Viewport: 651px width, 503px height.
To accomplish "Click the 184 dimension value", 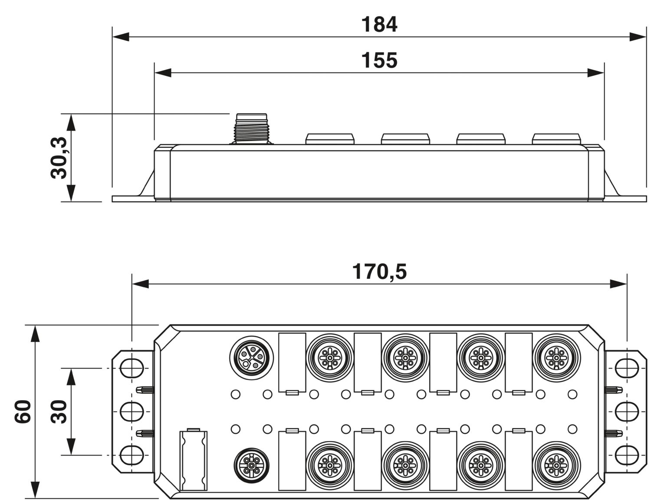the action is click(x=379, y=24).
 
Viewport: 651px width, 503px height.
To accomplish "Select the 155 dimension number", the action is click(x=379, y=60).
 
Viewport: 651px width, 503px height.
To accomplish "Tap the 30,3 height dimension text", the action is click(x=59, y=158).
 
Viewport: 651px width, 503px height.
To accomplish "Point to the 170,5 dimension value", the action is click(x=379, y=271).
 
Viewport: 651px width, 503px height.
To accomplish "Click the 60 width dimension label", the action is click(x=23, y=412).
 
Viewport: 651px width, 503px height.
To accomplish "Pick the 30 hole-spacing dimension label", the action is click(x=59, y=412).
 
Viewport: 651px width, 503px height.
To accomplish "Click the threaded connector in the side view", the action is click(x=251, y=129).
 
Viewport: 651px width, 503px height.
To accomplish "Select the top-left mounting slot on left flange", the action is click(x=132, y=368).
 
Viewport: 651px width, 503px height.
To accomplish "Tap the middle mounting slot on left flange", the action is click(x=132, y=412).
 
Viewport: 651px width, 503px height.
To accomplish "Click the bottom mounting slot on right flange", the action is click(x=627, y=455).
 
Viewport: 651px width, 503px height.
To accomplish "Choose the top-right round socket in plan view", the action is click(x=556, y=358).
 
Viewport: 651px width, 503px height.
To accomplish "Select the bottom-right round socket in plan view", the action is click(x=556, y=465).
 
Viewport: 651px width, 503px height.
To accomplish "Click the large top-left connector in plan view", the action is click(x=251, y=357).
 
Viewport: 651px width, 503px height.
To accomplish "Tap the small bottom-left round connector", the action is click(x=251, y=465).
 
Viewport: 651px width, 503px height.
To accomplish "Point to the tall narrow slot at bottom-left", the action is click(x=193, y=461).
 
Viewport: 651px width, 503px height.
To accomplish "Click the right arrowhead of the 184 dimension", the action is click(x=638, y=37).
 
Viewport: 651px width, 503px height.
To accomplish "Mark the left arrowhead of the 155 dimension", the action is click(x=163, y=73).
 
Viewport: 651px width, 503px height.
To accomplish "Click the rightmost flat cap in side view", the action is click(x=556, y=139).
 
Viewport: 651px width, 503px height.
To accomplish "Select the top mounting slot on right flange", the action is click(x=627, y=368).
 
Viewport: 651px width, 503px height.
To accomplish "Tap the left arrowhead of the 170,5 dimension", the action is click(x=141, y=284).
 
